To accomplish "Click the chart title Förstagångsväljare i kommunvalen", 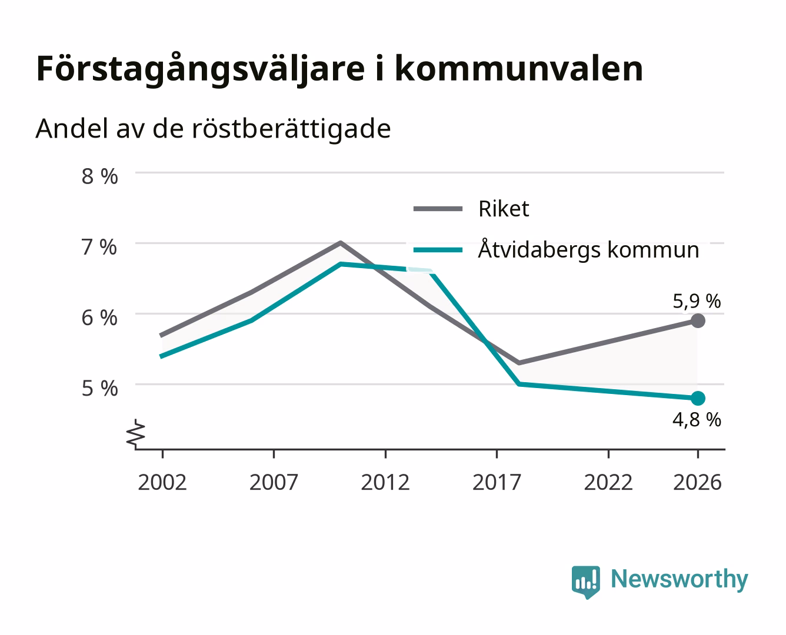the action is [x=339, y=69].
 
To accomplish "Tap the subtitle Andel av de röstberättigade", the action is [x=213, y=129].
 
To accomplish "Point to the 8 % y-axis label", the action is [x=99, y=176].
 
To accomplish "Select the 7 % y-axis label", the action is [x=99, y=247].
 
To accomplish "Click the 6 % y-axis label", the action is [x=99, y=318].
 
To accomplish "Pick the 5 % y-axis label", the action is [x=99, y=389].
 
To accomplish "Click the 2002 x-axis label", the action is [x=162, y=482].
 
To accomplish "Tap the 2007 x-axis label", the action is [x=274, y=482].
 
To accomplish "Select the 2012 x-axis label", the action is [x=385, y=482].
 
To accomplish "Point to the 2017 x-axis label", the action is [x=497, y=482].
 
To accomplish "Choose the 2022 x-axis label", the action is [x=608, y=482].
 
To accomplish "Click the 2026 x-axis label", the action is [x=697, y=482].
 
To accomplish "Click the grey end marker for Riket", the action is [x=698, y=321].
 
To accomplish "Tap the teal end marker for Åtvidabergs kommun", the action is [x=698, y=398].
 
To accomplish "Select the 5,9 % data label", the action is [x=697, y=301].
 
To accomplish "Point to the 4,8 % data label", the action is [x=697, y=420].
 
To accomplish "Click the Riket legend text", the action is [x=504, y=209].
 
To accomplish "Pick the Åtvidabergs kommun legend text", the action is [x=588, y=249].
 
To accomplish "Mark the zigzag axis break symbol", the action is [x=136, y=435].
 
